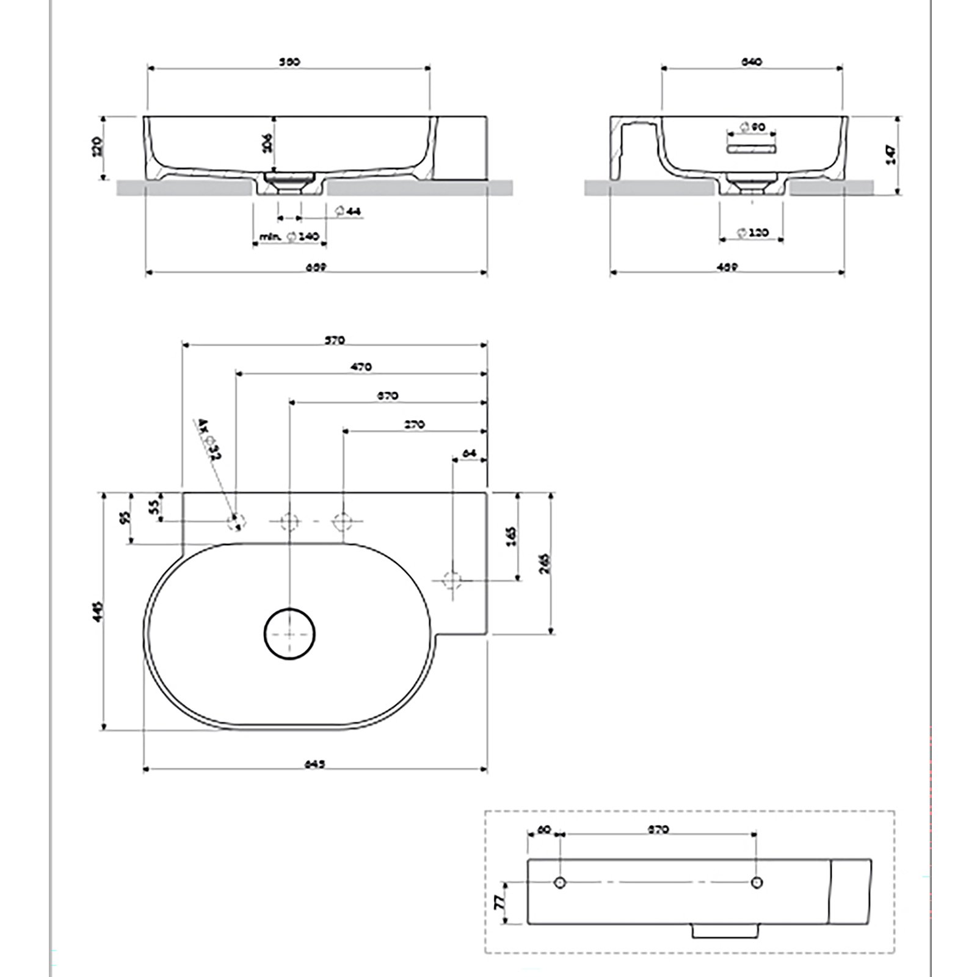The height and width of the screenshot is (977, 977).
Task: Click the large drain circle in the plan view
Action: (289, 634)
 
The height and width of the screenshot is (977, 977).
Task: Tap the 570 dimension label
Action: (336, 340)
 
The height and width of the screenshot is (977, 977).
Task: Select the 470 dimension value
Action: (361, 367)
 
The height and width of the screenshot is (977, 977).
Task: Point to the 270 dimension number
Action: (415, 424)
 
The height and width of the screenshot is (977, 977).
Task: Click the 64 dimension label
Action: (470, 452)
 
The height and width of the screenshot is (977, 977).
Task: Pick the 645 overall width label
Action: (314, 764)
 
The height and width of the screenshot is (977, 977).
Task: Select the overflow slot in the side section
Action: (750, 148)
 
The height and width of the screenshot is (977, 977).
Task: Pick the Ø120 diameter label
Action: (753, 233)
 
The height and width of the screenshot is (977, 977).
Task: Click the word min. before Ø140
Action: (271, 236)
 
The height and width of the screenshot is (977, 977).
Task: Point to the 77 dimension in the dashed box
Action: (501, 901)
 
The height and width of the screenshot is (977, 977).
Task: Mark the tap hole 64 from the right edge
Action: (452, 579)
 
